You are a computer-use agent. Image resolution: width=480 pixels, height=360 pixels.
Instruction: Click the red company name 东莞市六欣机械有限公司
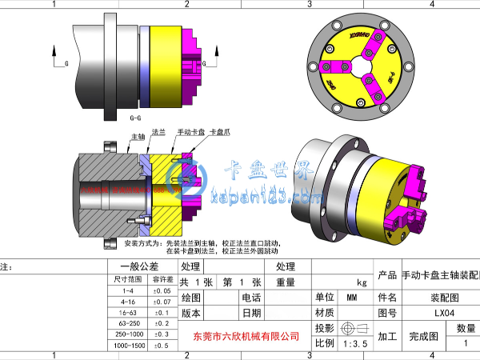coord(246,337)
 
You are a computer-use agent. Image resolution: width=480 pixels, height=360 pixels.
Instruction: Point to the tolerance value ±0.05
coord(162,291)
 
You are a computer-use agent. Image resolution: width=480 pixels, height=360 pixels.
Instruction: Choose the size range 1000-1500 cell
coord(129,345)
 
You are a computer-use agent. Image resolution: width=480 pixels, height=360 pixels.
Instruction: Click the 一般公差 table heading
coord(140,266)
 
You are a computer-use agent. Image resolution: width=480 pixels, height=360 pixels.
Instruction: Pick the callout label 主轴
coord(136,138)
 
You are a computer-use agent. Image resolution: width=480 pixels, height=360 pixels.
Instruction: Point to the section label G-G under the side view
coord(137,117)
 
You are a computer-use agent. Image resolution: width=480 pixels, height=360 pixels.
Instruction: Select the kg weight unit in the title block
coord(361,282)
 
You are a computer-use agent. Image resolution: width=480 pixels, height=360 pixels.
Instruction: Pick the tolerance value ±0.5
coord(162,345)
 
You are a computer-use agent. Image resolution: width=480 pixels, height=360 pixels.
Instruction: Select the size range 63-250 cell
coord(129,323)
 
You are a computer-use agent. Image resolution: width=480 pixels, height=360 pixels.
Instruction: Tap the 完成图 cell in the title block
coord(423,336)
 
